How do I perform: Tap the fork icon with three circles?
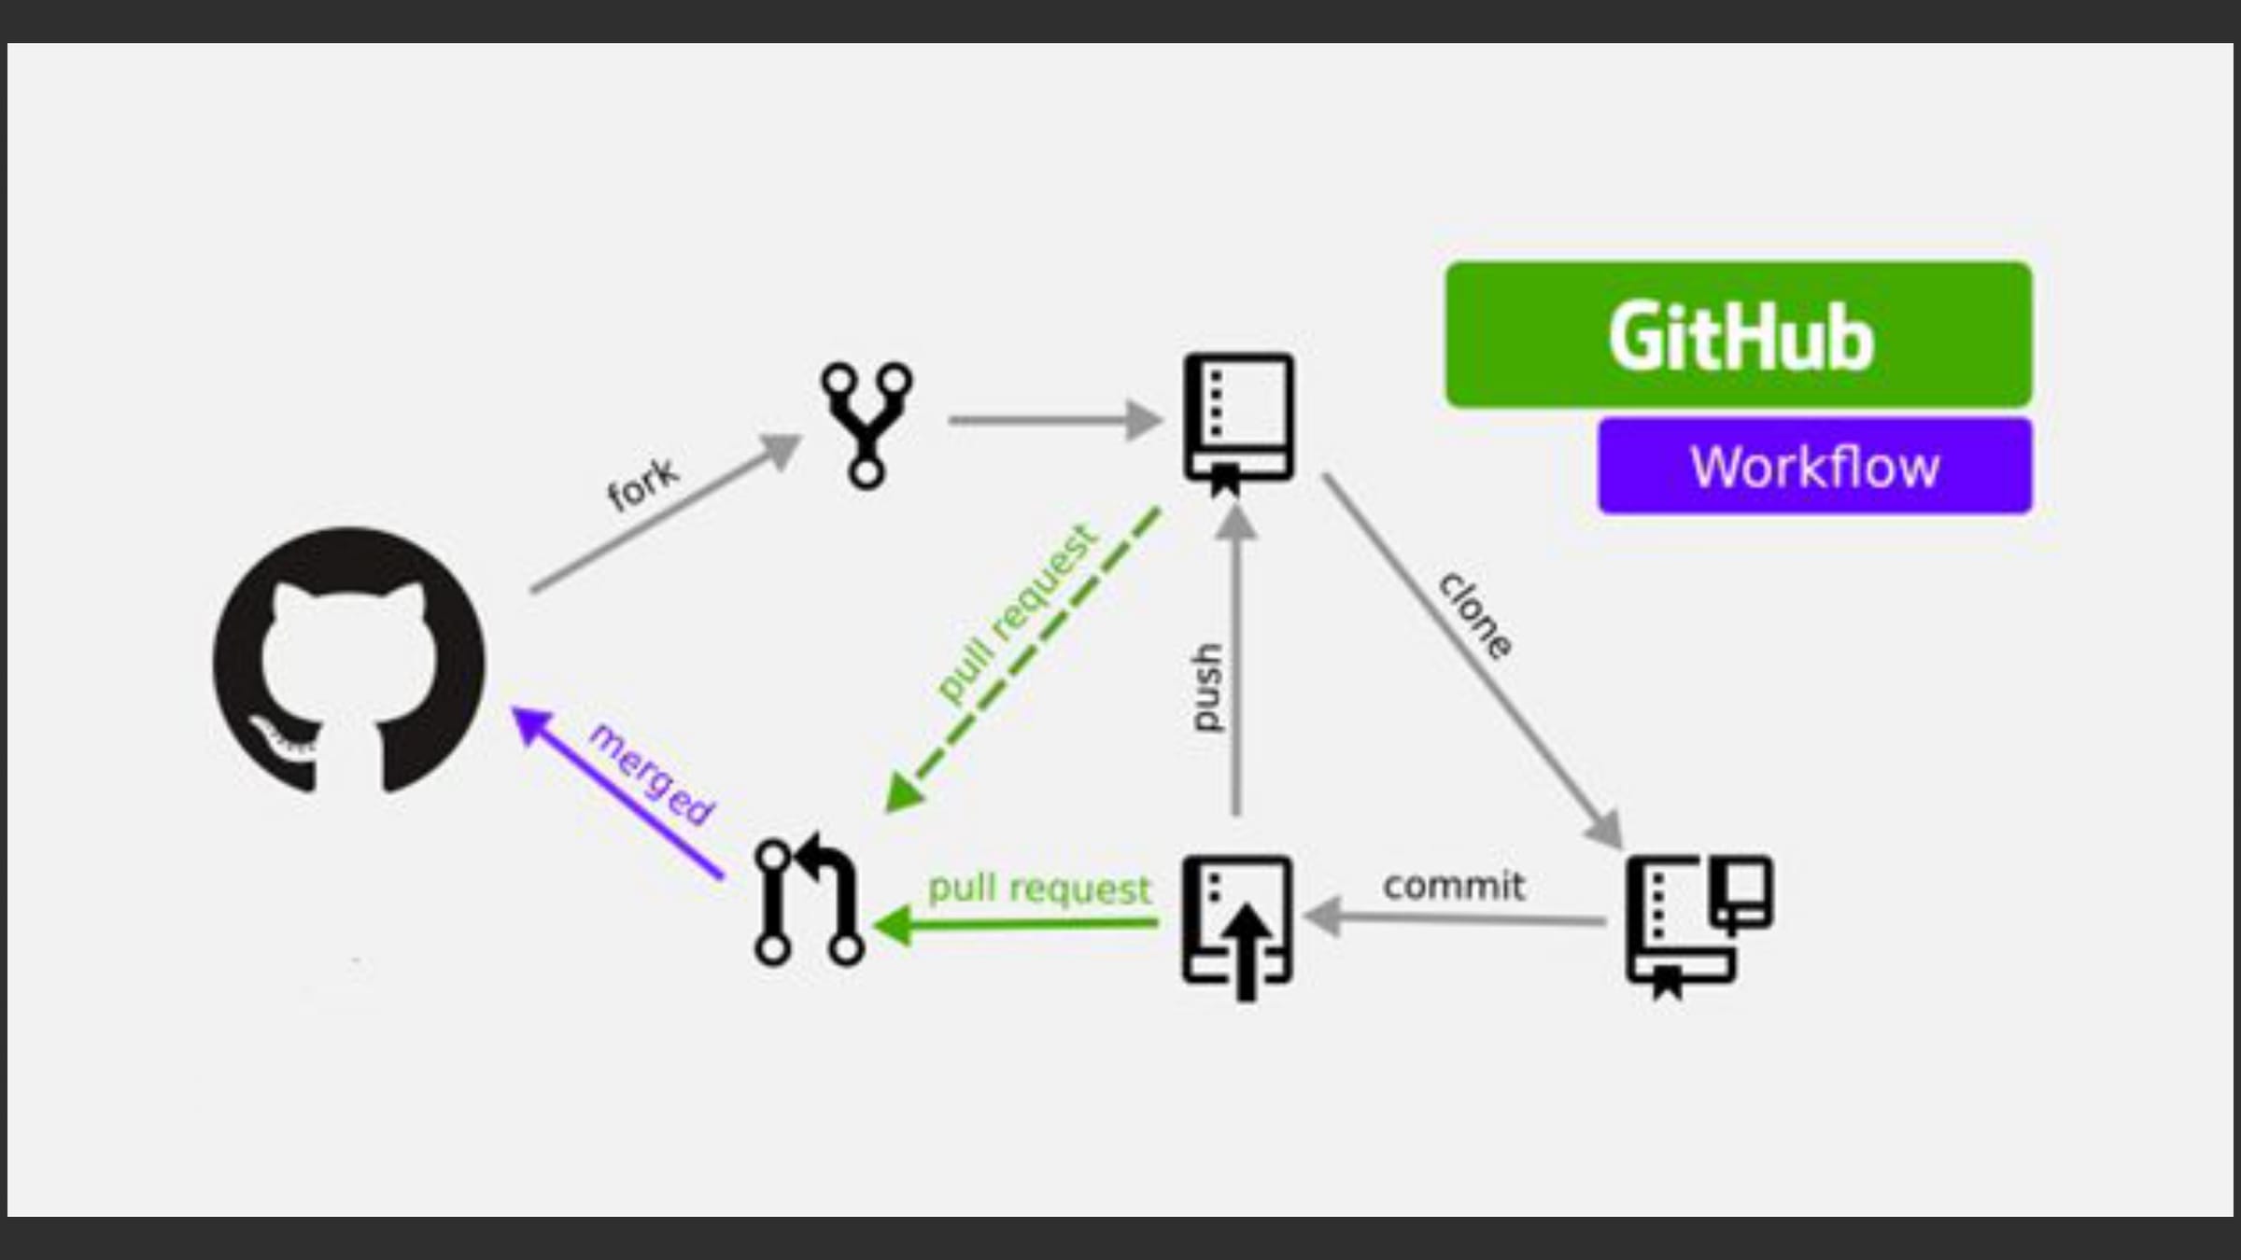(867, 424)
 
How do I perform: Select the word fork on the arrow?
(643, 484)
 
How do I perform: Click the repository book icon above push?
(1239, 421)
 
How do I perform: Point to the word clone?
(1475, 616)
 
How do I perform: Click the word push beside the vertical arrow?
(1206, 688)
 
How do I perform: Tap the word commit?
(1454, 886)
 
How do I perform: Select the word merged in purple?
(652, 774)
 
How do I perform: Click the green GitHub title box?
(1739, 335)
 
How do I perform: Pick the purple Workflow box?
(1814, 466)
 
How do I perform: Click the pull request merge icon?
(809, 900)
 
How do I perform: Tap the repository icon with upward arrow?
(1238, 924)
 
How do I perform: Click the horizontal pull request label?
(1039, 889)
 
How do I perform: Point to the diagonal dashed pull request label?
(1016, 613)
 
